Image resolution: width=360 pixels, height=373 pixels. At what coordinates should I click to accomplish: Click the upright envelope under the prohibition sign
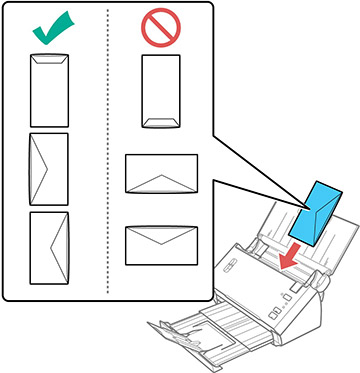(160, 92)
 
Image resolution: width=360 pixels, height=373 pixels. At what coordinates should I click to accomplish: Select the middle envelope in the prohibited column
(161, 173)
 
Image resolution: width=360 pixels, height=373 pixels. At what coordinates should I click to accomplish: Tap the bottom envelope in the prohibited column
(161, 245)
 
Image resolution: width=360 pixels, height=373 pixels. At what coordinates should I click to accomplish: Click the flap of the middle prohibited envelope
(161, 183)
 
